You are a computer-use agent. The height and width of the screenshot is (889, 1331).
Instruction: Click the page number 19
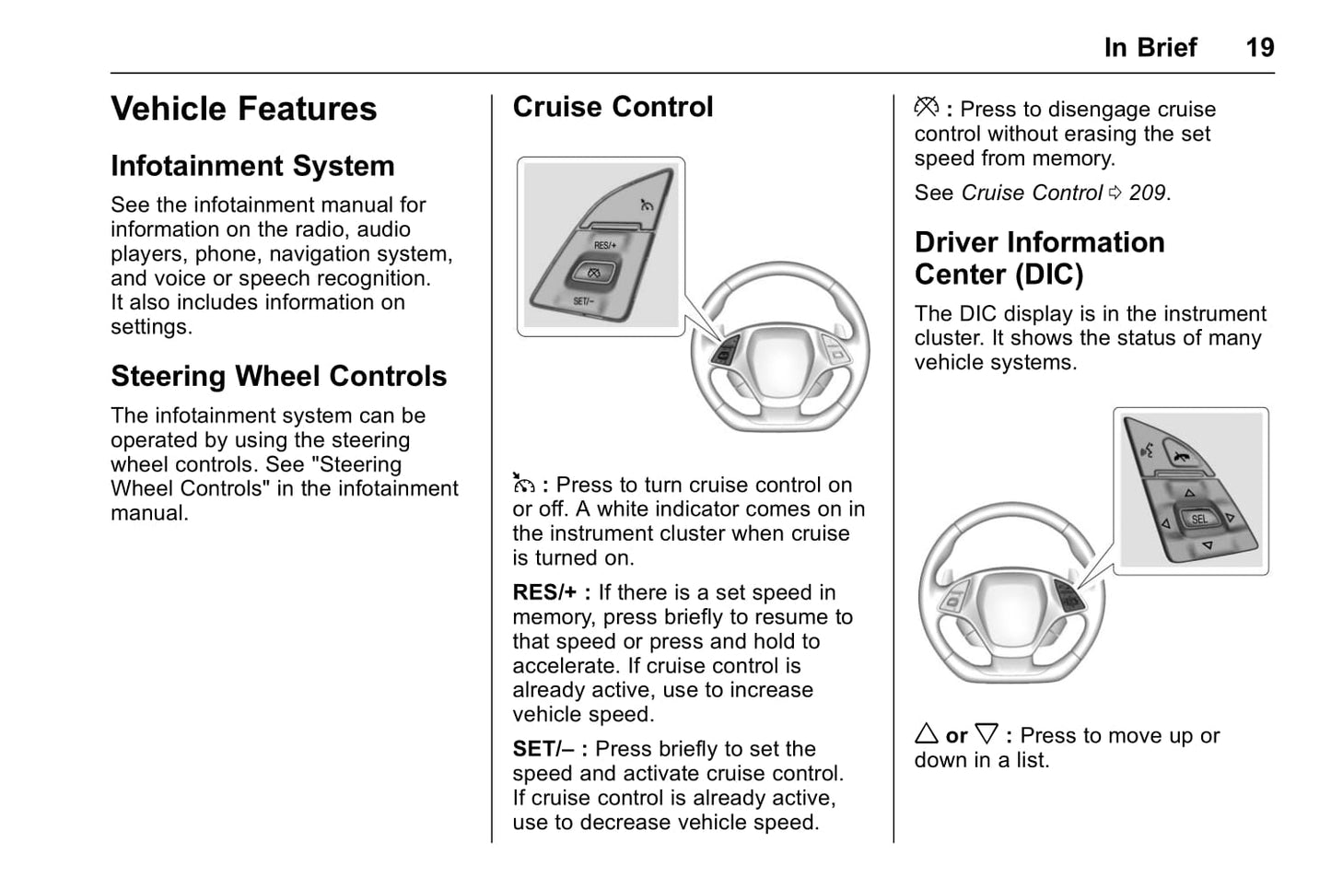click(x=1259, y=48)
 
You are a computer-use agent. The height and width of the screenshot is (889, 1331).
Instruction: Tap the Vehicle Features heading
click(x=243, y=109)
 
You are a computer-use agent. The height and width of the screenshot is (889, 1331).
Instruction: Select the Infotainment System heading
click(x=252, y=166)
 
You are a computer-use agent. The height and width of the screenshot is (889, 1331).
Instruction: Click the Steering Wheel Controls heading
click(x=278, y=376)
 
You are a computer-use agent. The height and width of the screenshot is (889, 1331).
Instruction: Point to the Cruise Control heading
click(x=613, y=107)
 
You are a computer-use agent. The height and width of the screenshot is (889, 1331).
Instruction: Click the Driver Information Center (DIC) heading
click(x=1039, y=258)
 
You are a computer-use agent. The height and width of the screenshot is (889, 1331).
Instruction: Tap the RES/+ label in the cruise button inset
click(x=605, y=245)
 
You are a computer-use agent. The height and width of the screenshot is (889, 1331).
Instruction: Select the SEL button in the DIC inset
click(x=1198, y=519)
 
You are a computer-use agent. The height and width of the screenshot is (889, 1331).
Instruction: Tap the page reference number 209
click(x=1147, y=193)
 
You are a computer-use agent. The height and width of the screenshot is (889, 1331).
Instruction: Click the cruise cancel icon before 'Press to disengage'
click(x=926, y=108)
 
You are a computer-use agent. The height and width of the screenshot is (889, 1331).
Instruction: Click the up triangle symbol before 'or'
click(x=927, y=734)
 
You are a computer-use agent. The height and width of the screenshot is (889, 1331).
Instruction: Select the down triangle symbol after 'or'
click(x=987, y=734)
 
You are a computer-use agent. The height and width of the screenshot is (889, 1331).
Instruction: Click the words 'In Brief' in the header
click(x=1150, y=48)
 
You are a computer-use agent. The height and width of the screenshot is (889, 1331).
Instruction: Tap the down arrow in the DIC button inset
click(x=1207, y=546)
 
